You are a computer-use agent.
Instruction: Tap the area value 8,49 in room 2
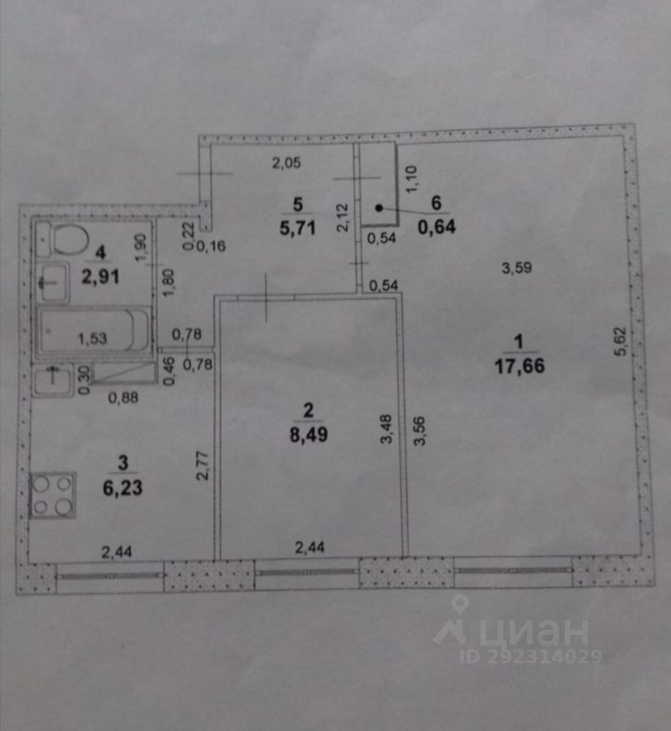(x=308, y=438)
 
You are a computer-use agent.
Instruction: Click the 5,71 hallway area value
(x=297, y=226)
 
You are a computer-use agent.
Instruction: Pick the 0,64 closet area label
(x=436, y=226)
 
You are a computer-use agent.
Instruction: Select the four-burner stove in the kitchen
(x=52, y=495)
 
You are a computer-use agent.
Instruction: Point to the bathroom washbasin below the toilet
(x=52, y=285)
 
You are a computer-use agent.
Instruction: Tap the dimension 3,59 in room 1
(x=516, y=267)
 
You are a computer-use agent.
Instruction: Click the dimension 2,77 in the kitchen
(x=202, y=464)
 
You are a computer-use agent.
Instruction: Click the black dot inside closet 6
(x=379, y=206)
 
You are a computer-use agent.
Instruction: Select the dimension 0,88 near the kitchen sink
(x=123, y=396)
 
